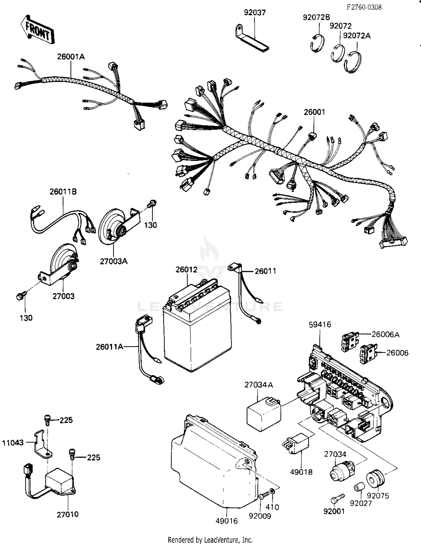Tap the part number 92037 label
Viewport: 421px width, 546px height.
tap(255, 13)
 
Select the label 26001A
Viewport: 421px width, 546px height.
tap(71, 57)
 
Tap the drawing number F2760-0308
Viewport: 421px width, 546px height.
tap(364, 8)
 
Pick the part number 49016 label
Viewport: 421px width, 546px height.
tap(226, 521)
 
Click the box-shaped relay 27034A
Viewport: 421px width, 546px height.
tap(263, 414)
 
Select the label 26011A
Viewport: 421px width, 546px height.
tap(109, 347)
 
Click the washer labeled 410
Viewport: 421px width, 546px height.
tap(272, 491)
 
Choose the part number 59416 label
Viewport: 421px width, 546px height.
tap(320, 325)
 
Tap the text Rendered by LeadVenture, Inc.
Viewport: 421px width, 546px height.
tap(210, 540)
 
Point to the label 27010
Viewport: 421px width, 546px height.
tap(67, 515)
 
